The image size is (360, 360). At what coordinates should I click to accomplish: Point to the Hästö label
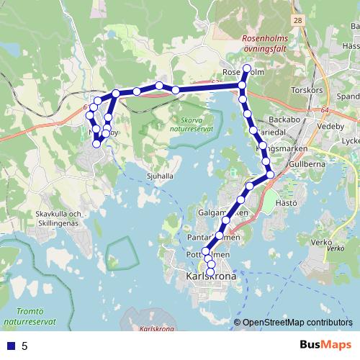pyautogui.click(x=287, y=203)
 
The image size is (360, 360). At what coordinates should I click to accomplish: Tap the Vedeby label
pyautogui.click(x=332, y=125)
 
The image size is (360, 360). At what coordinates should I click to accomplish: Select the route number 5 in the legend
pyautogui.click(x=24, y=346)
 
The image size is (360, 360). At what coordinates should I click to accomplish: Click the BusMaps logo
pyautogui.click(x=326, y=346)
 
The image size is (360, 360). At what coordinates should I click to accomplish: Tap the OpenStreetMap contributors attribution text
pyautogui.click(x=297, y=323)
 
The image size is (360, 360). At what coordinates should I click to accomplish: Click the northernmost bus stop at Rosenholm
pyautogui.click(x=246, y=68)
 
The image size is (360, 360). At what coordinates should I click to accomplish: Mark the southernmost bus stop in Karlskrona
pyautogui.click(x=210, y=272)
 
